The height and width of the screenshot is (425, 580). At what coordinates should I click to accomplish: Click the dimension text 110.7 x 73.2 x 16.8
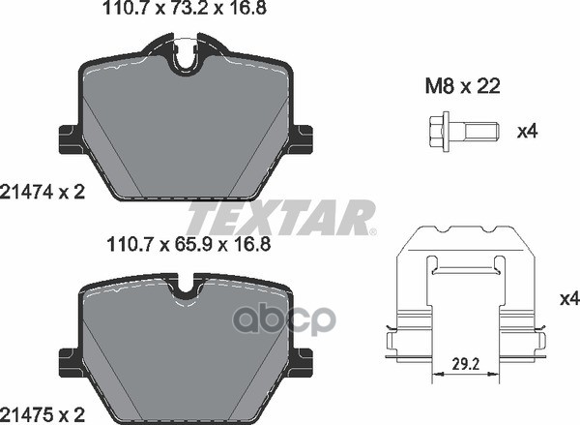pyautogui.click(x=185, y=8)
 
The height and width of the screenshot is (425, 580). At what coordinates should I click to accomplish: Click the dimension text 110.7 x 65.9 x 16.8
pyautogui.click(x=188, y=245)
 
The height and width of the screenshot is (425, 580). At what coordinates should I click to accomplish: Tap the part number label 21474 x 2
pyautogui.click(x=43, y=193)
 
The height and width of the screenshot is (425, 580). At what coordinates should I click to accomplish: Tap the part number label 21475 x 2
pyautogui.click(x=43, y=414)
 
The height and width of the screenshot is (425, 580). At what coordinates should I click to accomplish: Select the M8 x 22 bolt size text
pyautogui.click(x=462, y=86)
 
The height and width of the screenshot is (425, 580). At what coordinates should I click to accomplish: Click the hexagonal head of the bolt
pyautogui.click(x=440, y=132)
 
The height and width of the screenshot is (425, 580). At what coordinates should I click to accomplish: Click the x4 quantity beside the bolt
pyautogui.click(x=527, y=132)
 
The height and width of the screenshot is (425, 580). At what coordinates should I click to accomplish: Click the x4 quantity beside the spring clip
pyautogui.click(x=569, y=298)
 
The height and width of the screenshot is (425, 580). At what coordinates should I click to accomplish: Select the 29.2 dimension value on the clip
pyautogui.click(x=466, y=365)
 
